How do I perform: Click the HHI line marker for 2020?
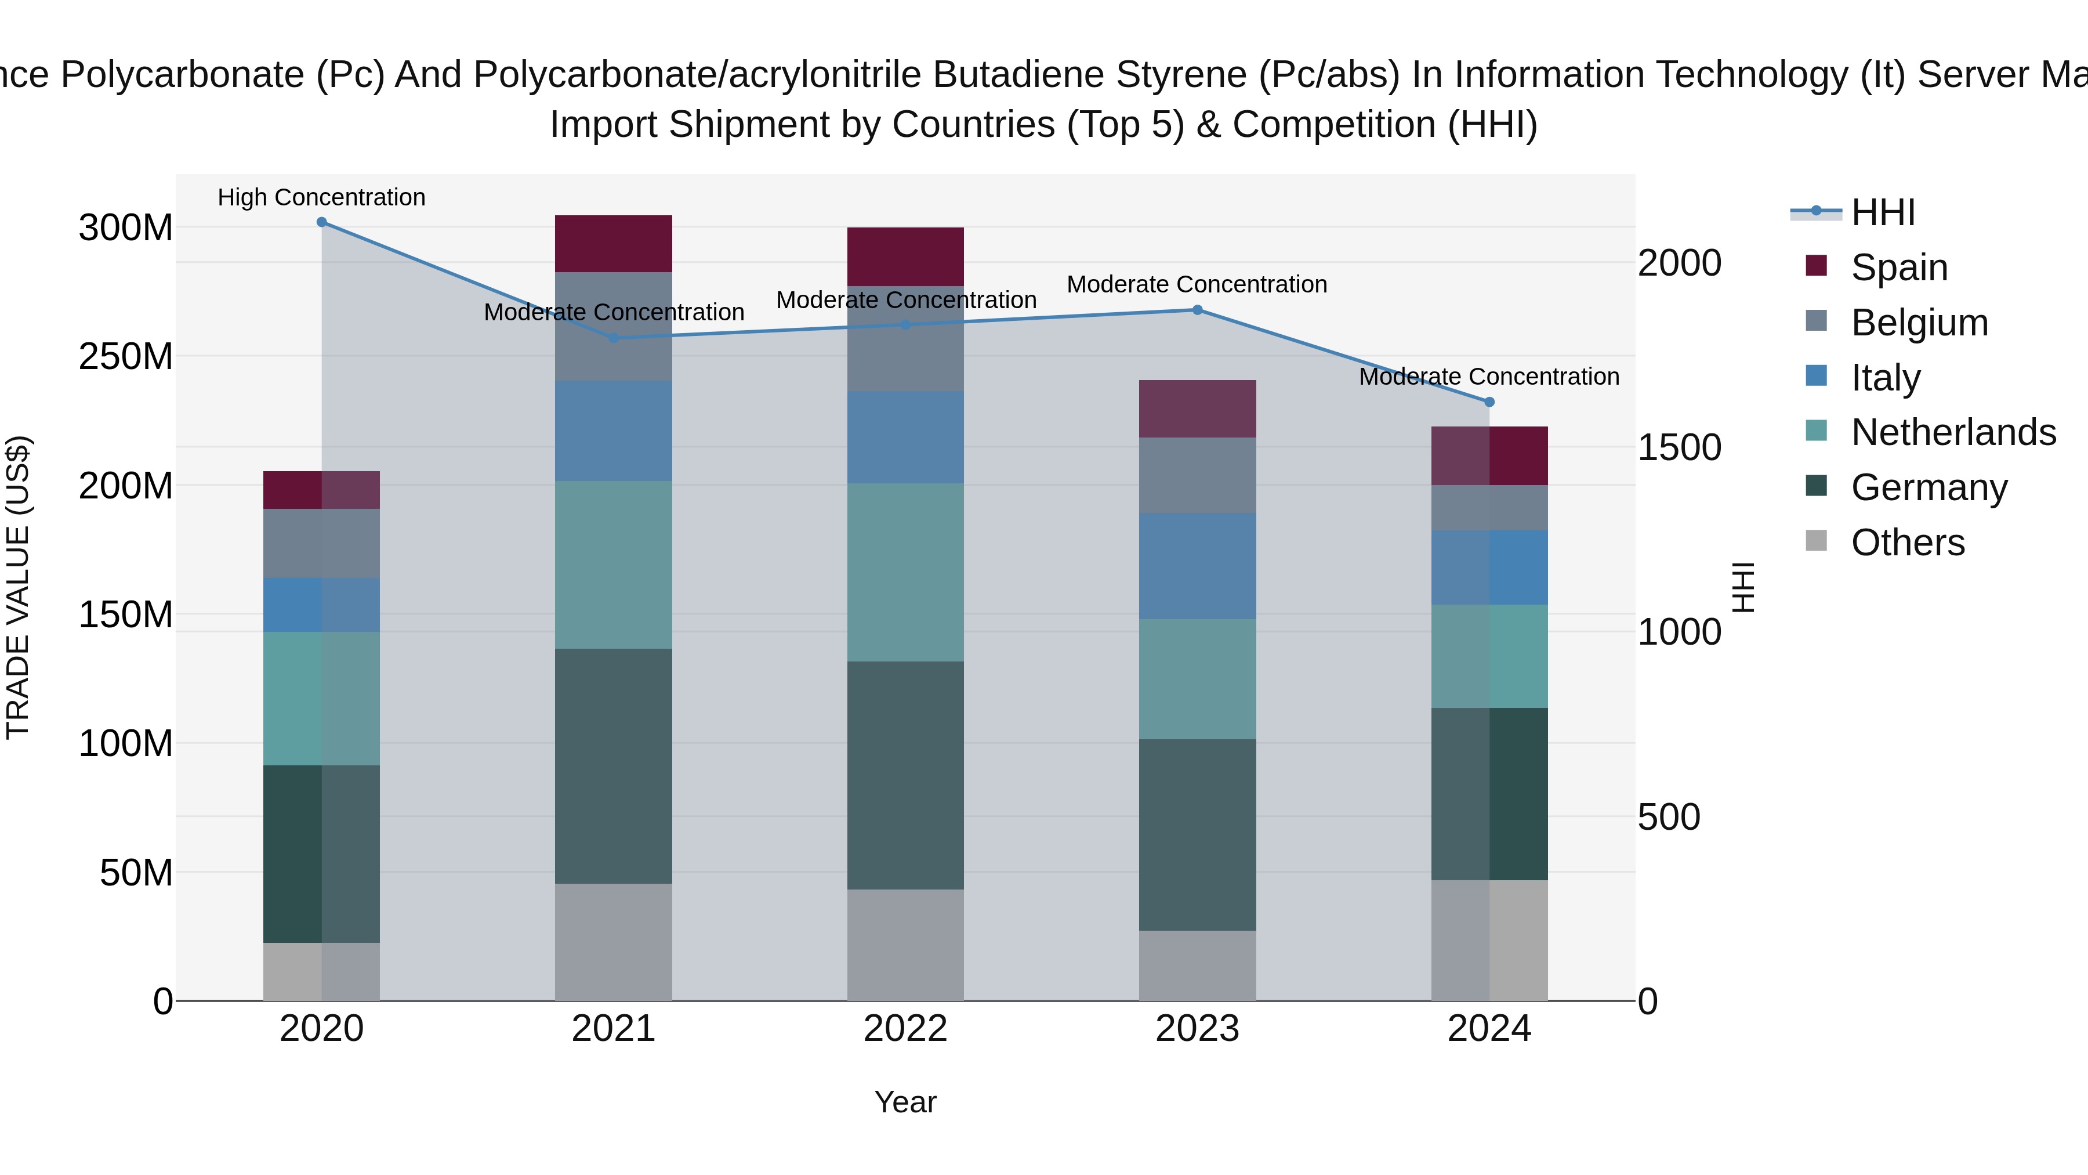pos(322,222)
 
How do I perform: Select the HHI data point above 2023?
pos(1197,310)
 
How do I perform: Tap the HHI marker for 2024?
pos(1489,402)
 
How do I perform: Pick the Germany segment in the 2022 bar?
pos(905,775)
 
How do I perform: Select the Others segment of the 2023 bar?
pos(1197,965)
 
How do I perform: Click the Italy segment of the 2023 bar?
pos(1197,565)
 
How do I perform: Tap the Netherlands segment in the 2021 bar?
pos(614,565)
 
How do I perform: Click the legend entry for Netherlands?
pos(1953,432)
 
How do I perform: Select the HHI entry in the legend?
pos(1883,212)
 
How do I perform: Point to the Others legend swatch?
pos(1817,541)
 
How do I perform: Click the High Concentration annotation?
pos(322,197)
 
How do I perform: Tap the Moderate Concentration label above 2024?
pos(1489,376)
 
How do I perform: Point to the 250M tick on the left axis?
pos(126,357)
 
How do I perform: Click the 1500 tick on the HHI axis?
pos(1679,447)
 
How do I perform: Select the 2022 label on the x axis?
pos(905,1029)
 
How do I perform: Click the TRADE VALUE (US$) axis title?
pos(18,587)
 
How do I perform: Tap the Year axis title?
pos(905,1102)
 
